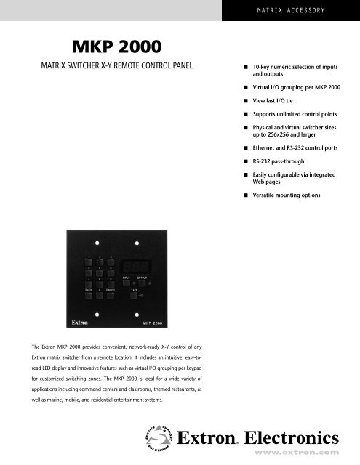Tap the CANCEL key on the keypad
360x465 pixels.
pos(110,295)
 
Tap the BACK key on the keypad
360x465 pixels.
pos(88,295)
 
